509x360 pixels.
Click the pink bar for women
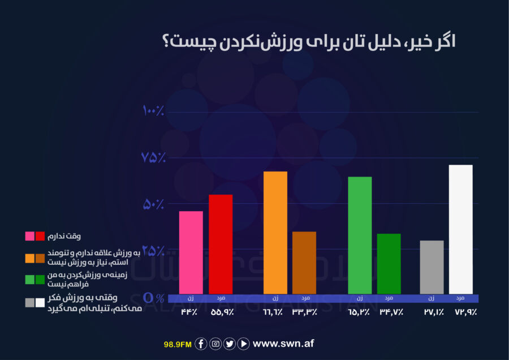pyautogui.click(x=191, y=252)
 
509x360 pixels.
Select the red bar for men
pyautogui.click(x=221, y=244)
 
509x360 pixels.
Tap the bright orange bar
pyautogui.click(x=275, y=233)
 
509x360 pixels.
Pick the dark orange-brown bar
pyautogui.click(x=304, y=263)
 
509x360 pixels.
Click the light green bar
pyautogui.click(x=360, y=235)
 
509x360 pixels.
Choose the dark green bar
pyautogui.click(x=389, y=264)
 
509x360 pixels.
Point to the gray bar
pyautogui.click(x=432, y=267)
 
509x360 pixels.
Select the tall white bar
pyautogui.click(x=460, y=229)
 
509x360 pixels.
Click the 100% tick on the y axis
pyautogui.click(x=153, y=110)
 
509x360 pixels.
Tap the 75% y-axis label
pyautogui.click(x=153, y=157)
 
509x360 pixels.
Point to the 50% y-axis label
pyautogui.click(x=153, y=204)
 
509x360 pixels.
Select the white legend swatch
pyautogui.click(x=40, y=303)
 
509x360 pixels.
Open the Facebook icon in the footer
pyautogui.click(x=201, y=344)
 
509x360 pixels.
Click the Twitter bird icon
pyautogui.click(x=229, y=344)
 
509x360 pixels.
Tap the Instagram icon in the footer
pyautogui.click(x=215, y=344)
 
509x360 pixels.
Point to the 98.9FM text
pyautogui.click(x=178, y=344)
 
